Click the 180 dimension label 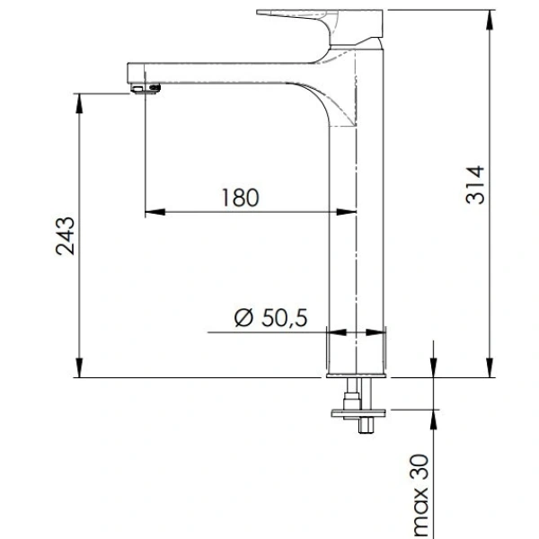(x=240, y=198)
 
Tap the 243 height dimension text (x=65, y=235)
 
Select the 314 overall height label (x=475, y=185)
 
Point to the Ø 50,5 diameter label (x=271, y=317)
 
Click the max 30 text (x=420, y=496)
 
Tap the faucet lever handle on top (x=320, y=26)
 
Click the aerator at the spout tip (x=146, y=88)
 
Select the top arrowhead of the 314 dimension (x=490, y=20)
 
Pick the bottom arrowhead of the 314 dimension (x=490, y=367)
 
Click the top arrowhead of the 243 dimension (x=79, y=102)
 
